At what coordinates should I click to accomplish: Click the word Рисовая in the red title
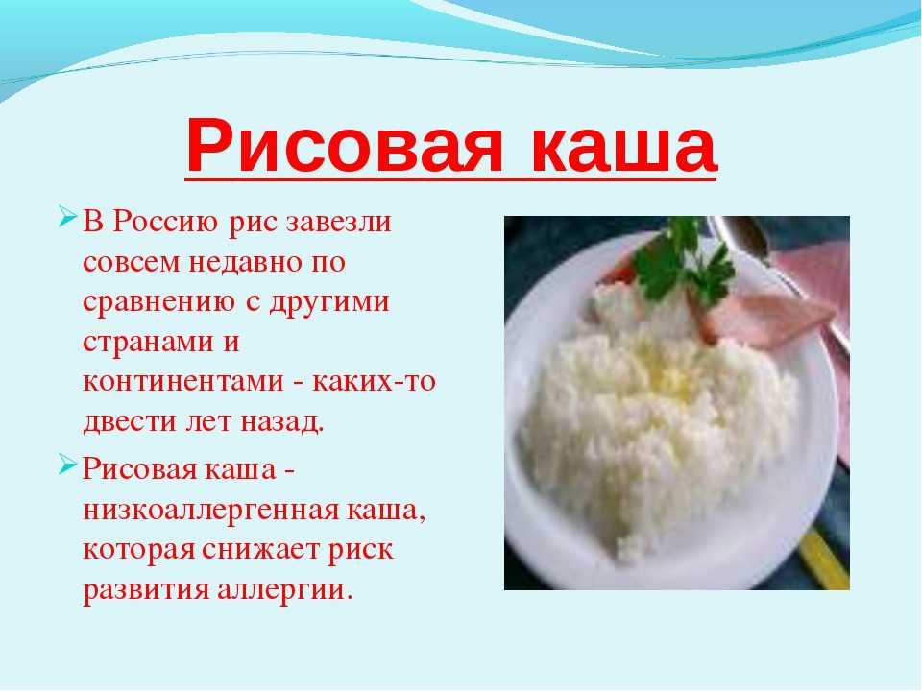tap(345, 147)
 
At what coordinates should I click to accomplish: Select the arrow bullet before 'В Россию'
tap(68, 216)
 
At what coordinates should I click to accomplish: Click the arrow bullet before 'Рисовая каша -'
tap(68, 465)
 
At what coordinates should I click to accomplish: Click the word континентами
tap(183, 382)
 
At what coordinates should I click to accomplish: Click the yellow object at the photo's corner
tap(825, 559)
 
